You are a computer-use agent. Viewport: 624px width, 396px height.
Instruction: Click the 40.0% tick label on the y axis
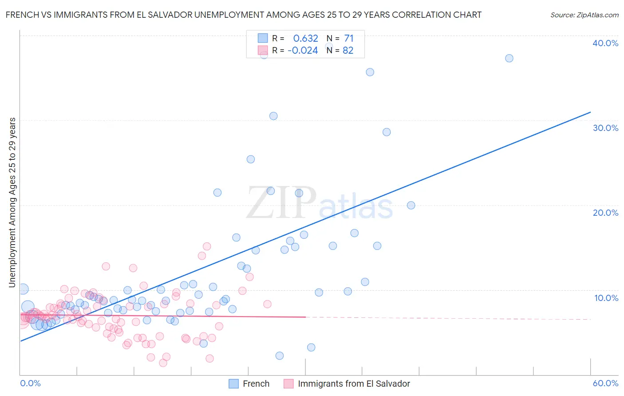click(605, 43)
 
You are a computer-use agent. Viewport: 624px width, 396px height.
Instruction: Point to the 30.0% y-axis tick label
click(605, 128)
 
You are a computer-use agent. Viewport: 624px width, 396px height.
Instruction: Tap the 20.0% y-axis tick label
click(605, 213)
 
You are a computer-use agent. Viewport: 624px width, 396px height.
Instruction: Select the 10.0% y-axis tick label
click(606, 298)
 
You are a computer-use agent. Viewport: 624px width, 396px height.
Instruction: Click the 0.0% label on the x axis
click(30, 383)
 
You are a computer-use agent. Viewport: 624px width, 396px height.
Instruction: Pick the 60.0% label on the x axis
click(605, 383)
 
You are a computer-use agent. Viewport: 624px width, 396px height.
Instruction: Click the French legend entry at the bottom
click(256, 384)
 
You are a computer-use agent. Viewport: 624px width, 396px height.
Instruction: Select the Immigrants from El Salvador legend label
click(354, 384)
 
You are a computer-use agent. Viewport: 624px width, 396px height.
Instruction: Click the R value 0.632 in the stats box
click(305, 39)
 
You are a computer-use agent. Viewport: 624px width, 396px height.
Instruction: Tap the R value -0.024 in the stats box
click(303, 51)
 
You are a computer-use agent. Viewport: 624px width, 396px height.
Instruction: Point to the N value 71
click(349, 39)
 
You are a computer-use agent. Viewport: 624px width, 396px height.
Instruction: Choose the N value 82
click(348, 51)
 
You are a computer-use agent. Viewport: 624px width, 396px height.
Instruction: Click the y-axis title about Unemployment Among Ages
click(12, 202)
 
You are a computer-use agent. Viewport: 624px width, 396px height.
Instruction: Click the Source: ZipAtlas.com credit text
click(584, 15)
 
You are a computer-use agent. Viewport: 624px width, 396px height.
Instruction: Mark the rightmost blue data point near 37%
click(509, 58)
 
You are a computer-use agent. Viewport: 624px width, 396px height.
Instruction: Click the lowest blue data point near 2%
click(279, 356)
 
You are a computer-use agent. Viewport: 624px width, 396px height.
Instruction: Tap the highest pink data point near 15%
click(206, 246)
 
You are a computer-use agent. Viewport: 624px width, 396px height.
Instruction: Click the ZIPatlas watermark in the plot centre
click(320, 203)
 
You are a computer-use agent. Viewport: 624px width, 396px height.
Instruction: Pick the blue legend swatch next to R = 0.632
click(263, 39)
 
